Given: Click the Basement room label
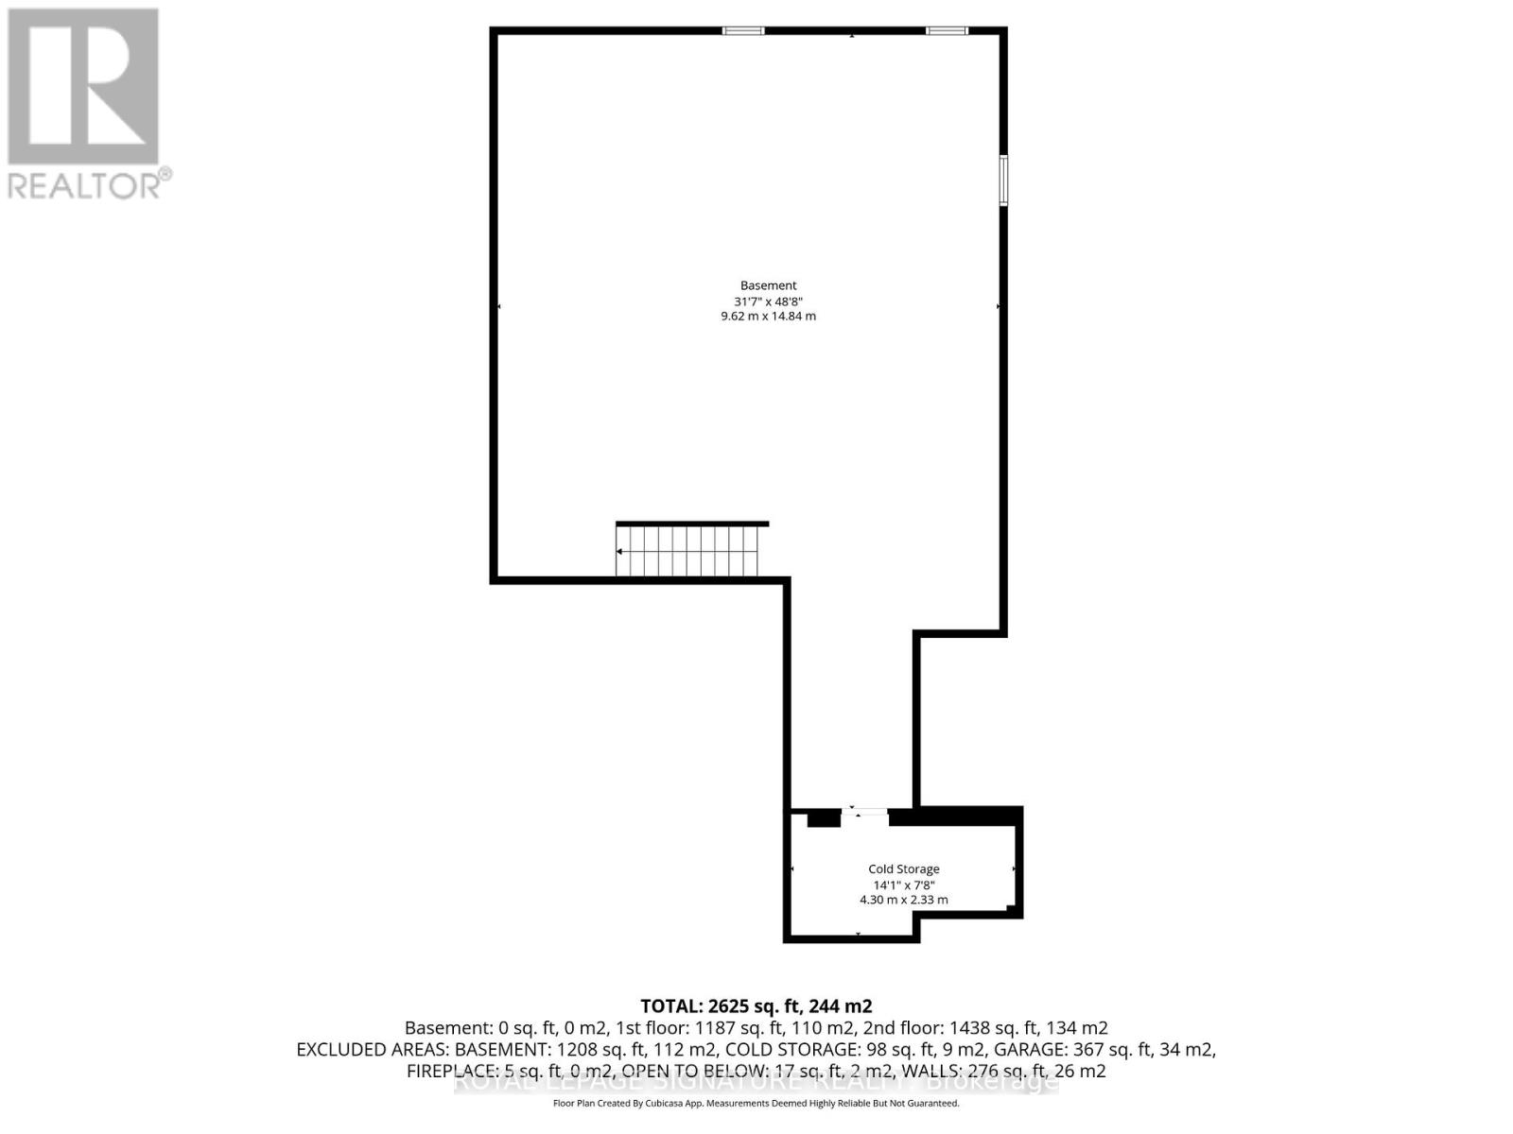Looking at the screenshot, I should [768, 285].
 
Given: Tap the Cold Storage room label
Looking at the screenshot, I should [904, 869].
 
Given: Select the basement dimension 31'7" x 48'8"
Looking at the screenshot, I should [768, 301].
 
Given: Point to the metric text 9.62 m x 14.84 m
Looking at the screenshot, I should [768, 317].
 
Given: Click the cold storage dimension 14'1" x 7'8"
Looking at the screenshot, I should [904, 885].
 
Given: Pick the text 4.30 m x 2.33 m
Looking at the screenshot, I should [904, 901].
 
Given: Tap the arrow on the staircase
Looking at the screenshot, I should [620, 552].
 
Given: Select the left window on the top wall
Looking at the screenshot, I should [743, 31].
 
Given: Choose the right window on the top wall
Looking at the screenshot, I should [947, 31].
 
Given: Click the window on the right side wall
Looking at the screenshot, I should [1003, 180].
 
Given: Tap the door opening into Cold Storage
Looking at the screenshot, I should [864, 812].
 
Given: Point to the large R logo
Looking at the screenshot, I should [83, 87].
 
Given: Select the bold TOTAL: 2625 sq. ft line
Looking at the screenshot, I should [756, 1006].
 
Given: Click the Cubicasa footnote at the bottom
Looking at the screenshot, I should [756, 1104].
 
